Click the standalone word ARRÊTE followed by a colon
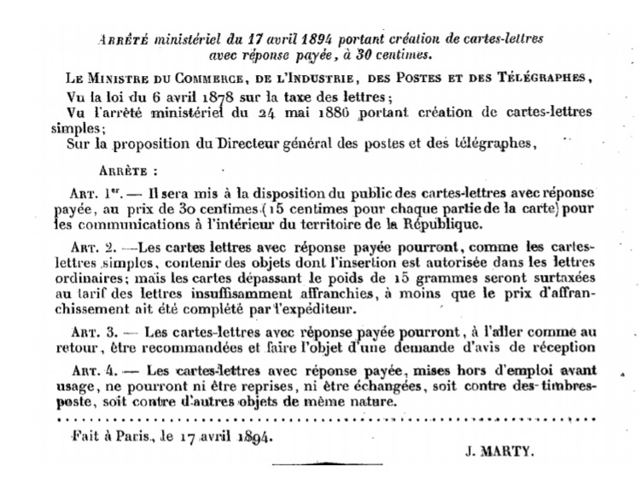click(127, 170)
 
